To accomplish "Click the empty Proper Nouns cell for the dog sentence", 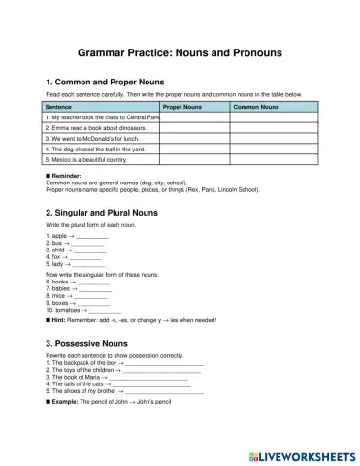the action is point(193,149).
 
